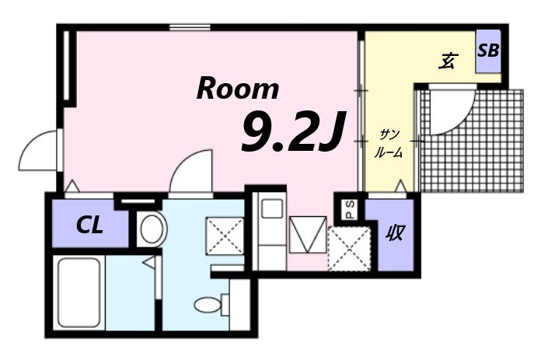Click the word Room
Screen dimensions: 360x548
click(237, 89)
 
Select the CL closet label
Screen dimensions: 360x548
click(89, 226)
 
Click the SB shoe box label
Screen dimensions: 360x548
click(488, 51)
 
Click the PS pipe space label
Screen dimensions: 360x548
click(350, 209)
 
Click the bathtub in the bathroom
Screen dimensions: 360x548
click(79, 292)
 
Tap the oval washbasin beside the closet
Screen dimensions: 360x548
click(152, 230)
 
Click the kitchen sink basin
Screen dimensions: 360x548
click(272, 208)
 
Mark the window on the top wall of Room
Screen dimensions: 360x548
click(187, 27)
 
